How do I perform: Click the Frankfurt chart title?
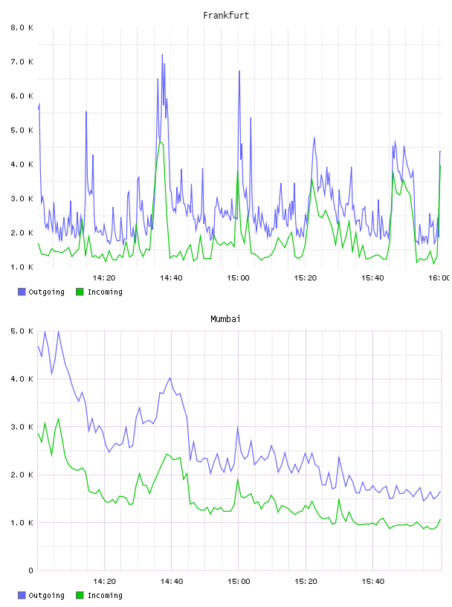226,16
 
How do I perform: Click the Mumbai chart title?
225,319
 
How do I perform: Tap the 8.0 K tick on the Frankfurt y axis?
22,28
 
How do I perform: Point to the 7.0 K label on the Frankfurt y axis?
22,62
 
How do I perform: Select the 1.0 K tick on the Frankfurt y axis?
22,267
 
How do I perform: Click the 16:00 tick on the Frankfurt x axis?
439,278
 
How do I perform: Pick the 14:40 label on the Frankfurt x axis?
171,278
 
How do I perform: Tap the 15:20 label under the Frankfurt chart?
306,278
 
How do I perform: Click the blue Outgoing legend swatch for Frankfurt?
22,292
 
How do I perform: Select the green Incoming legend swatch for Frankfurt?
80,292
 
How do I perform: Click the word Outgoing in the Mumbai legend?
46,595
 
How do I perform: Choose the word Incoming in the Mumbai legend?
105,595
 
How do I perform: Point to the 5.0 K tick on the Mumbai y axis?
22,331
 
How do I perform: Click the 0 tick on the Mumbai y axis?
31,571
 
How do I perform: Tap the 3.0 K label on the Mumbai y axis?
22,427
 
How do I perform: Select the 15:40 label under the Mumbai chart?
372,582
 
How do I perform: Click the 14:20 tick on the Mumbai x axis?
105,582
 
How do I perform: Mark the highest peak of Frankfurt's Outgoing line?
162,54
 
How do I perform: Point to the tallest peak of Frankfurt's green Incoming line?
160,141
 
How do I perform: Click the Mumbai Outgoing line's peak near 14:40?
170,377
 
